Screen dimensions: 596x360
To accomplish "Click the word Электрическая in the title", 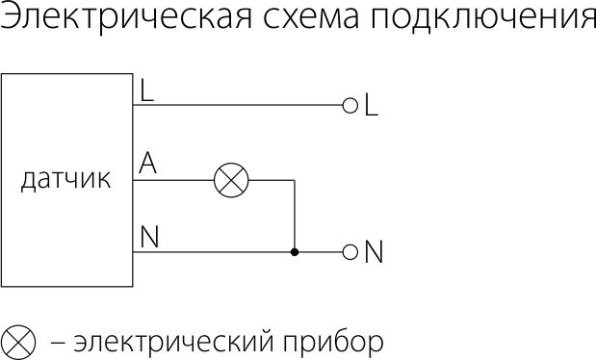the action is [x=126, y=16].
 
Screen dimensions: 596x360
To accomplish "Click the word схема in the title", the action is [x=311, y=18].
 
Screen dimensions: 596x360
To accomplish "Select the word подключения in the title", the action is [x=483, y=19].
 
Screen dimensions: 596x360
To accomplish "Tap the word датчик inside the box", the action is [x=65, y=180].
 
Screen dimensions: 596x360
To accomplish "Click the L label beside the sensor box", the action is [x=147, y=90].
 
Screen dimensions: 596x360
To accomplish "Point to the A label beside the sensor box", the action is [x=147, y=163].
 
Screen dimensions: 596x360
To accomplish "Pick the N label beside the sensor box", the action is [x=149, y=237].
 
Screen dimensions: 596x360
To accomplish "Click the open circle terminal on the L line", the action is [x=350, y=105].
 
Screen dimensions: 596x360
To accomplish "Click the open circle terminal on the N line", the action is [x=350, y=252].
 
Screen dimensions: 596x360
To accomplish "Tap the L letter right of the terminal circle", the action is [x=371, y=104].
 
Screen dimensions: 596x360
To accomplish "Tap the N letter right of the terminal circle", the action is [x=374, y=251].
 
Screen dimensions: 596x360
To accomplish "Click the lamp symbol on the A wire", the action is [x=231, y=180].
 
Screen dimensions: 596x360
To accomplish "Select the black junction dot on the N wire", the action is [x=295, y=252].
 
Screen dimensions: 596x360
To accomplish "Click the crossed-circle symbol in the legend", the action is [x=18, y=343].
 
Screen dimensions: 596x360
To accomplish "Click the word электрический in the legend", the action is [x=173, y=342].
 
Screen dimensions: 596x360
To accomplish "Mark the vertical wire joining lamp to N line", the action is [x=295, y=216].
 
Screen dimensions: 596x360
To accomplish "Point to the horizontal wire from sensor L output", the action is [x=238, y=105].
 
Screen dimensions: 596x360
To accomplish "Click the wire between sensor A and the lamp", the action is [x=173, y=180].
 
